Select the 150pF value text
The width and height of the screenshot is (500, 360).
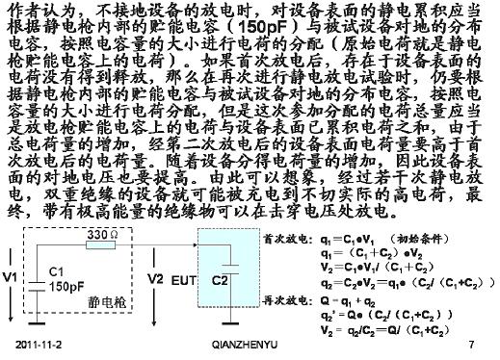pos(66,286)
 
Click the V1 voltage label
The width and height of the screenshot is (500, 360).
pos(12,278)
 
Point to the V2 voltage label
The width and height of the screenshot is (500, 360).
pos(156,278)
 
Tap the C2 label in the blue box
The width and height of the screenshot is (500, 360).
pos(220,279)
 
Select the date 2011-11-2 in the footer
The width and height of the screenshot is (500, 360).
pos(40,344)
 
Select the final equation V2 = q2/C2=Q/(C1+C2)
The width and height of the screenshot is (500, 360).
pos(386,328)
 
